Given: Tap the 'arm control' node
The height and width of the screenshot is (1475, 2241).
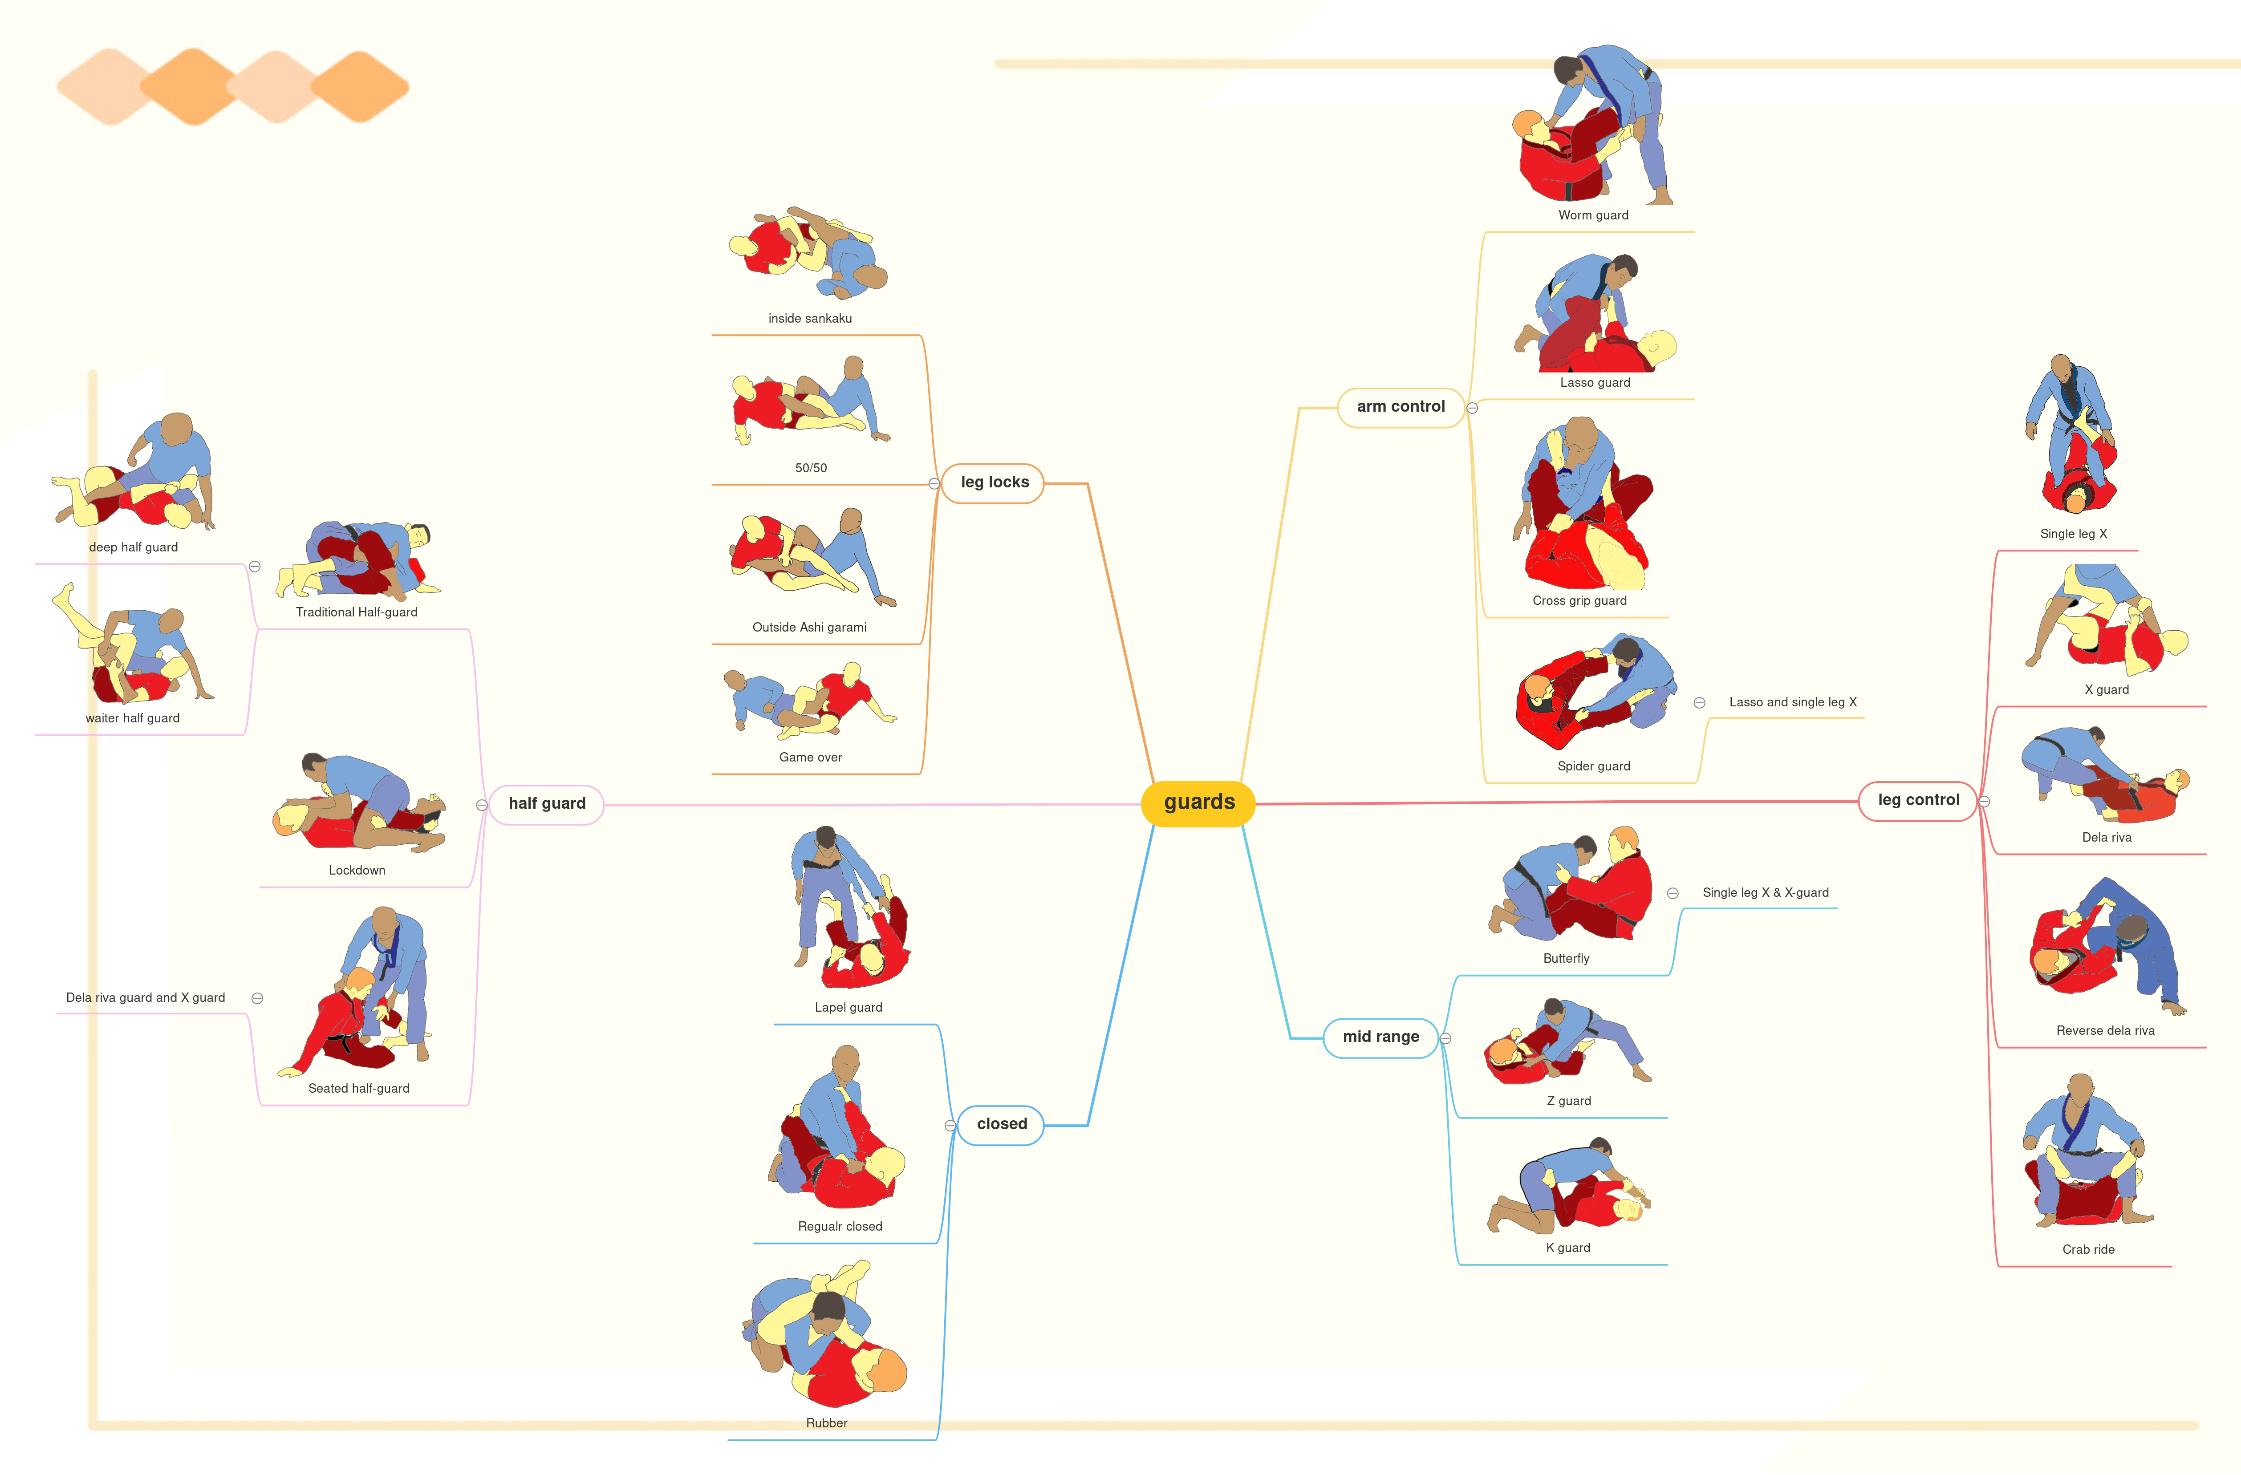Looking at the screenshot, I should click(1400, 407).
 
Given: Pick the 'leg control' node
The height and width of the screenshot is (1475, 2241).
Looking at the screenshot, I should click(1918, 800).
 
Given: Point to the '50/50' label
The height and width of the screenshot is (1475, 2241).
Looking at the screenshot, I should click(811, 468).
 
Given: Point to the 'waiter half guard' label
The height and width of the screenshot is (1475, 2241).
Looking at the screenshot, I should click(133, 718).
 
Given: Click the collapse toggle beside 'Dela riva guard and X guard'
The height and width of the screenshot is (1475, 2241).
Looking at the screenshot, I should click(257, 999).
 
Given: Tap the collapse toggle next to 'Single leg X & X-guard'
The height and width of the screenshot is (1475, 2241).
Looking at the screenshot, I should click(1672, 893).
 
